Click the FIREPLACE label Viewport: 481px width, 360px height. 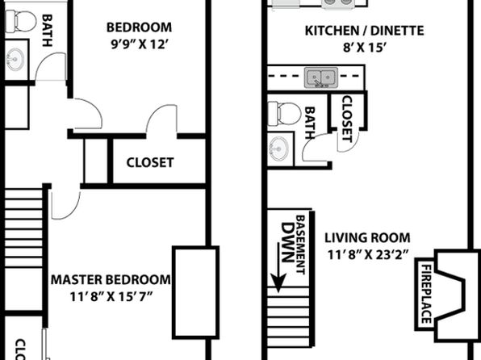click(x=426, y=294)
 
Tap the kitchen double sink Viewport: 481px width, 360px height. click(x=321, y=77)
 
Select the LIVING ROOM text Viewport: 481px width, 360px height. click(x=367, y=238)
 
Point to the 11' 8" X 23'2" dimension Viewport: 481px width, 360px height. click(x=368, y=254)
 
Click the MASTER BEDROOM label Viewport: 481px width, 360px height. click(x=111, y=279)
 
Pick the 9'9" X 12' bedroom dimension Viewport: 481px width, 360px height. click(x=140, y=44)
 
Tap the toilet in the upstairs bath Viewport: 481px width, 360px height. click(x=21, y=21)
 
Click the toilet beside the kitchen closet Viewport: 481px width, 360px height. click(x=284, y=114)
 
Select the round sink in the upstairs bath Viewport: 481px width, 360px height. click(x=15, y=59)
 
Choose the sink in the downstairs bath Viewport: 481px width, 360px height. click(x=278, y=149)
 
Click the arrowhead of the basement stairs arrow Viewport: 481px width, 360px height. click(x=278, y=283)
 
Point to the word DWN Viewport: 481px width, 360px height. click(x=287, y=242)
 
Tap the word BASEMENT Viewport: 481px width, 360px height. click(x=300, y=245)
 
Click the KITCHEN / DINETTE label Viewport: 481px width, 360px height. click(x=365, y=31)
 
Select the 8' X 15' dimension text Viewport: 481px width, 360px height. click(x=364, y=48)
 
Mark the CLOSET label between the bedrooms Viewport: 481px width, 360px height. click(x=150, y=162)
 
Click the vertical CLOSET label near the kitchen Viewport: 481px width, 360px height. click(x=347, y=119)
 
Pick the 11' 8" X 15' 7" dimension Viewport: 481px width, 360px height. click(x=111, y=297)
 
